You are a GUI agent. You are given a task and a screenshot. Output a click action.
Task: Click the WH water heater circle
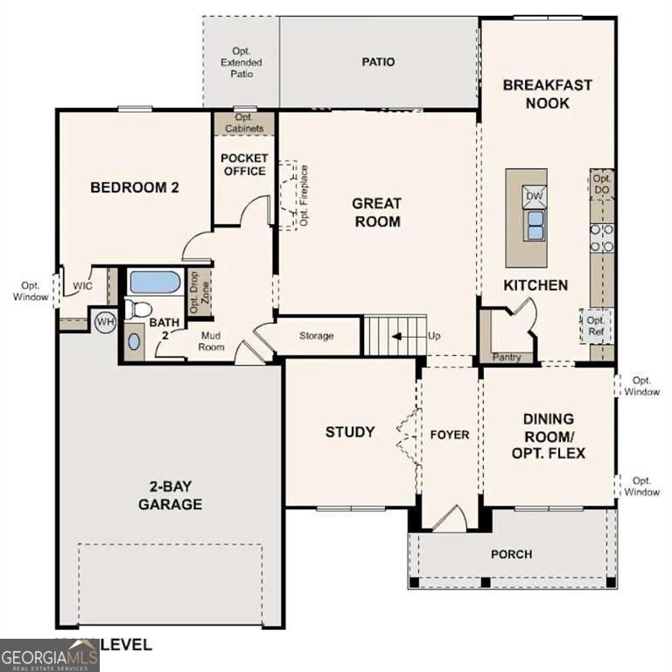[104, 322]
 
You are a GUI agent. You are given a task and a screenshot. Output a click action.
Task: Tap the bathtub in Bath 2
[154, 283]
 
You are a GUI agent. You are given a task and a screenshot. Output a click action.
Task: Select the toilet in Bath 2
[137, 308]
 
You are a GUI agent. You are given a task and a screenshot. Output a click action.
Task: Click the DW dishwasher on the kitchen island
[533, 195]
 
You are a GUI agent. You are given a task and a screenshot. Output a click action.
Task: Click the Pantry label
[507, 357]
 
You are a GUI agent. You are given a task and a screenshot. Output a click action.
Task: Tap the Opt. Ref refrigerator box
[597, 325]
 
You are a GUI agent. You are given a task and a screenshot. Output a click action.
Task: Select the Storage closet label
[316, 336]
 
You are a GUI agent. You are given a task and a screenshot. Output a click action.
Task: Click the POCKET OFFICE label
[244, 164]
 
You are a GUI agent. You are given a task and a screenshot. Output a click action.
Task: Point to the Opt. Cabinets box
[243, 122]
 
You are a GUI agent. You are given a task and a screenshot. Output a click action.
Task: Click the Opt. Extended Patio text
[241, 63]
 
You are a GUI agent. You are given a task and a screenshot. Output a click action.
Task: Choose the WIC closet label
[83, 286]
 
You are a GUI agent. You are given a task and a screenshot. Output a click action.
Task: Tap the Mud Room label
[212, 341]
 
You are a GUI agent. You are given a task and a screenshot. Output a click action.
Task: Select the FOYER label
[449, 435]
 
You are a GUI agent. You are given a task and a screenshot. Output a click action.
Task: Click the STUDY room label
[350, 431]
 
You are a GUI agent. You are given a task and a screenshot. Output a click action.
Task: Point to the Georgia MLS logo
[49, 654]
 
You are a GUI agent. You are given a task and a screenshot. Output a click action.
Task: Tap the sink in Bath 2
[134, 341]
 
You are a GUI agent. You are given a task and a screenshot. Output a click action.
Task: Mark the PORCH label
[511, 554]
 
